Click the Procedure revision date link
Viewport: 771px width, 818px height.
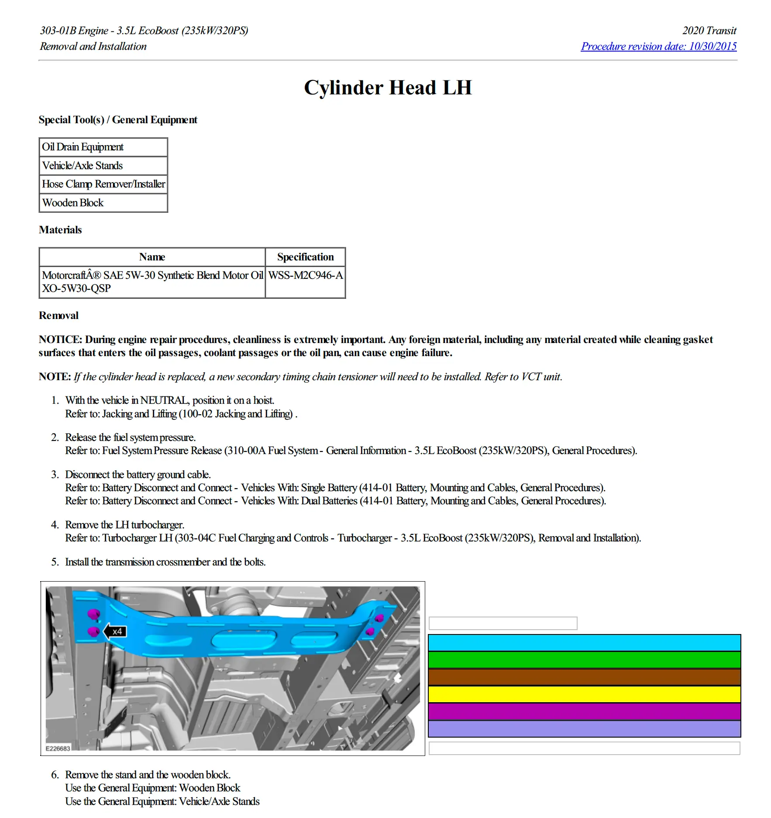coord(658,46)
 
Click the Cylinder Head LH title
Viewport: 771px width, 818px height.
coord(388,87)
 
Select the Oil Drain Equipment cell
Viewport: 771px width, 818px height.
coord(103,147)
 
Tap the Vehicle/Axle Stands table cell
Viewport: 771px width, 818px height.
coord(103,166)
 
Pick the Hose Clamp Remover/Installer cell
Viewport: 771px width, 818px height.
coord(103,184)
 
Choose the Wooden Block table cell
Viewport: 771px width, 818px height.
coord(103,203)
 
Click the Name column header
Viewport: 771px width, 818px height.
coord(152,257)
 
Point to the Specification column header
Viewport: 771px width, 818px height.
coord(305,257)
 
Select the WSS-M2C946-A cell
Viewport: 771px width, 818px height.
coord(305,275)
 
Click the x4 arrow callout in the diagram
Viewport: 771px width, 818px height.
coord(115,631)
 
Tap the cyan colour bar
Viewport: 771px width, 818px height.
coord(584,643)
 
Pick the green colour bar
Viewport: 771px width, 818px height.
coord(584,660)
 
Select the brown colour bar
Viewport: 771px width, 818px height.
coord(584,677)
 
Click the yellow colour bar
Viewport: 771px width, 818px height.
coord(584,694)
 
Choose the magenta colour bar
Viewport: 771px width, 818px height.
coord(584,711)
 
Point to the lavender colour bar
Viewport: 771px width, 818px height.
coord(584,728)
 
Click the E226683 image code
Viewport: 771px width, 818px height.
coord(58,749)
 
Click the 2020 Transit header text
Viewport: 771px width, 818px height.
coord(709,31)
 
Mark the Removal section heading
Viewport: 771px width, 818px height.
coord(59,315)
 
